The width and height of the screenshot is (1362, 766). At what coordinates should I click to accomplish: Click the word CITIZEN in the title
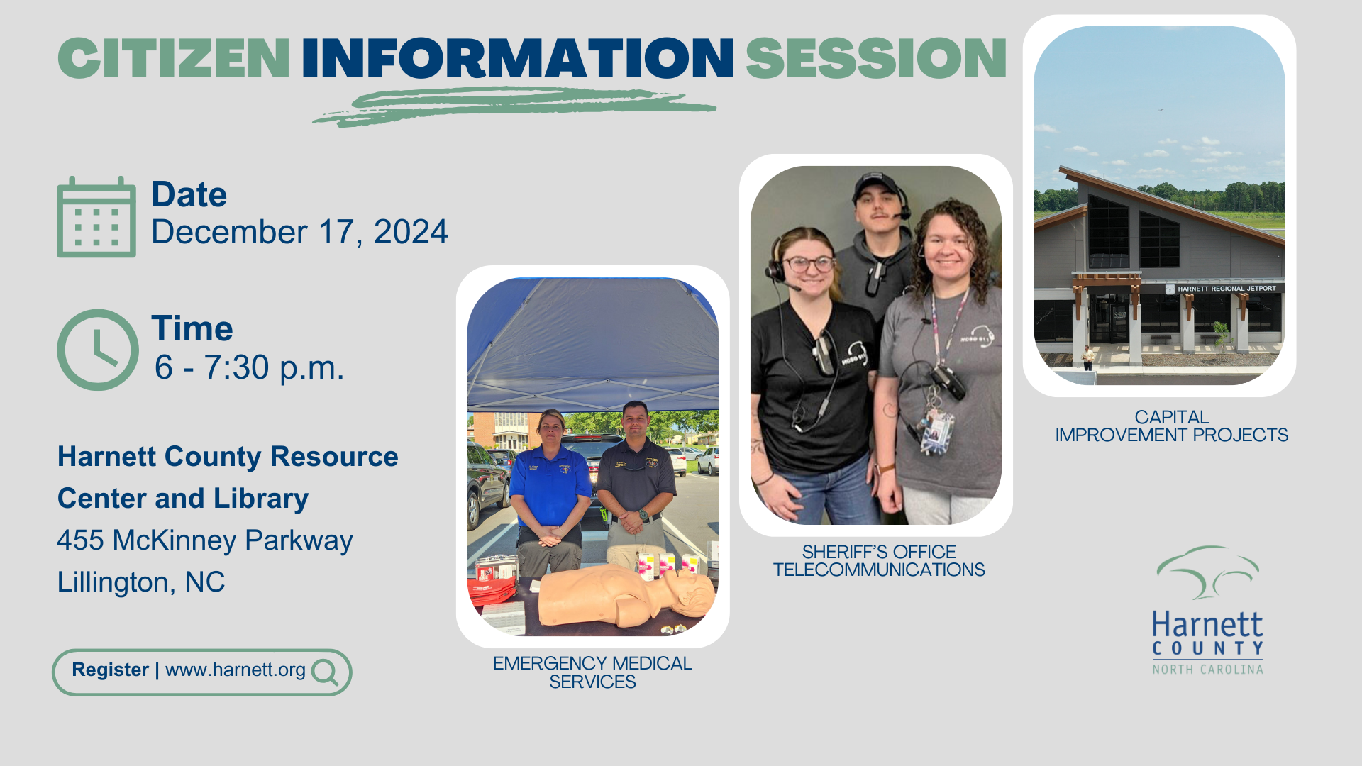click(x=174, y=58)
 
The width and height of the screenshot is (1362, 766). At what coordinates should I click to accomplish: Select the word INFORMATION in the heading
click(x=518, y=58)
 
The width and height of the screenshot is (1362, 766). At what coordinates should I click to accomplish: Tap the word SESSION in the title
click(x=876, y=58)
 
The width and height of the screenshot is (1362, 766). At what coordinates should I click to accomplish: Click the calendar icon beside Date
click(x=96, y=217)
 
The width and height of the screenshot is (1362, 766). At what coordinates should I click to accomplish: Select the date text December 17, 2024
click(x=299, y=233)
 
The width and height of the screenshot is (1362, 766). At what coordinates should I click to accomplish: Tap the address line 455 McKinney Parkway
click(x=205, y=540)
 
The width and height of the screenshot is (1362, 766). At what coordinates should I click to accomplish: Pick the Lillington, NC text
click(x=141, y=582)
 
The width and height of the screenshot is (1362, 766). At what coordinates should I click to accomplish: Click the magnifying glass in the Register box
click(x=325, y=672)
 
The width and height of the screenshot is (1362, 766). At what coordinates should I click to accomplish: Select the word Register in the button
click(x=110, y=670)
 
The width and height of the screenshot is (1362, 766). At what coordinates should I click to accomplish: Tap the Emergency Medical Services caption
click(x=593, y=672)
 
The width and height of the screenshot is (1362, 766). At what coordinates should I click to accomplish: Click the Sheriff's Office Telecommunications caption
click(x=879, y=560)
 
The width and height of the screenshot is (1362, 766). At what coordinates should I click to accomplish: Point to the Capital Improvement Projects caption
click(x=1172, y=426)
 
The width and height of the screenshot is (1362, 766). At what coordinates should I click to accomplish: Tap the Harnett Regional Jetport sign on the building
click(x=1227, y=289)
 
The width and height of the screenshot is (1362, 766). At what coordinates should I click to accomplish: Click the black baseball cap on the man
click(x=877, y=187)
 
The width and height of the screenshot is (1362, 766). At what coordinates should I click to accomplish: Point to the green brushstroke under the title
click(x=514, y=106)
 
